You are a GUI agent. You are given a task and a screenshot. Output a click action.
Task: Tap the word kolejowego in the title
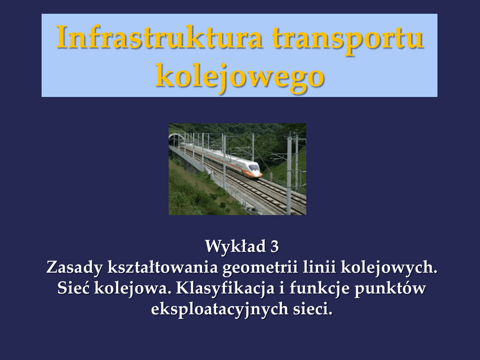240,76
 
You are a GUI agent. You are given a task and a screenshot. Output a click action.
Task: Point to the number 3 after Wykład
275,247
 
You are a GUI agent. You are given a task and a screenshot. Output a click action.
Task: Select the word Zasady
75,267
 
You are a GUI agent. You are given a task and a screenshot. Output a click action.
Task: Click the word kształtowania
163,267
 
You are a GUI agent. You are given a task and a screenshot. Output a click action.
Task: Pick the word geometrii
260,268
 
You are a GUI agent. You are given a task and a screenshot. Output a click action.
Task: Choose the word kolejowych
389,268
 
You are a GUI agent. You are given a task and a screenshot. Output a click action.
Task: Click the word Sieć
73,288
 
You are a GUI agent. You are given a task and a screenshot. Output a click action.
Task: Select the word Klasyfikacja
225,288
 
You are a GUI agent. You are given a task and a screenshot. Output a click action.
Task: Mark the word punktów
390,288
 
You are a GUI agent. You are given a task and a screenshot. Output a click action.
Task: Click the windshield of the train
254,167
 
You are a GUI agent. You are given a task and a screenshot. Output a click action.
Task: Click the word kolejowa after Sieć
132,288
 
